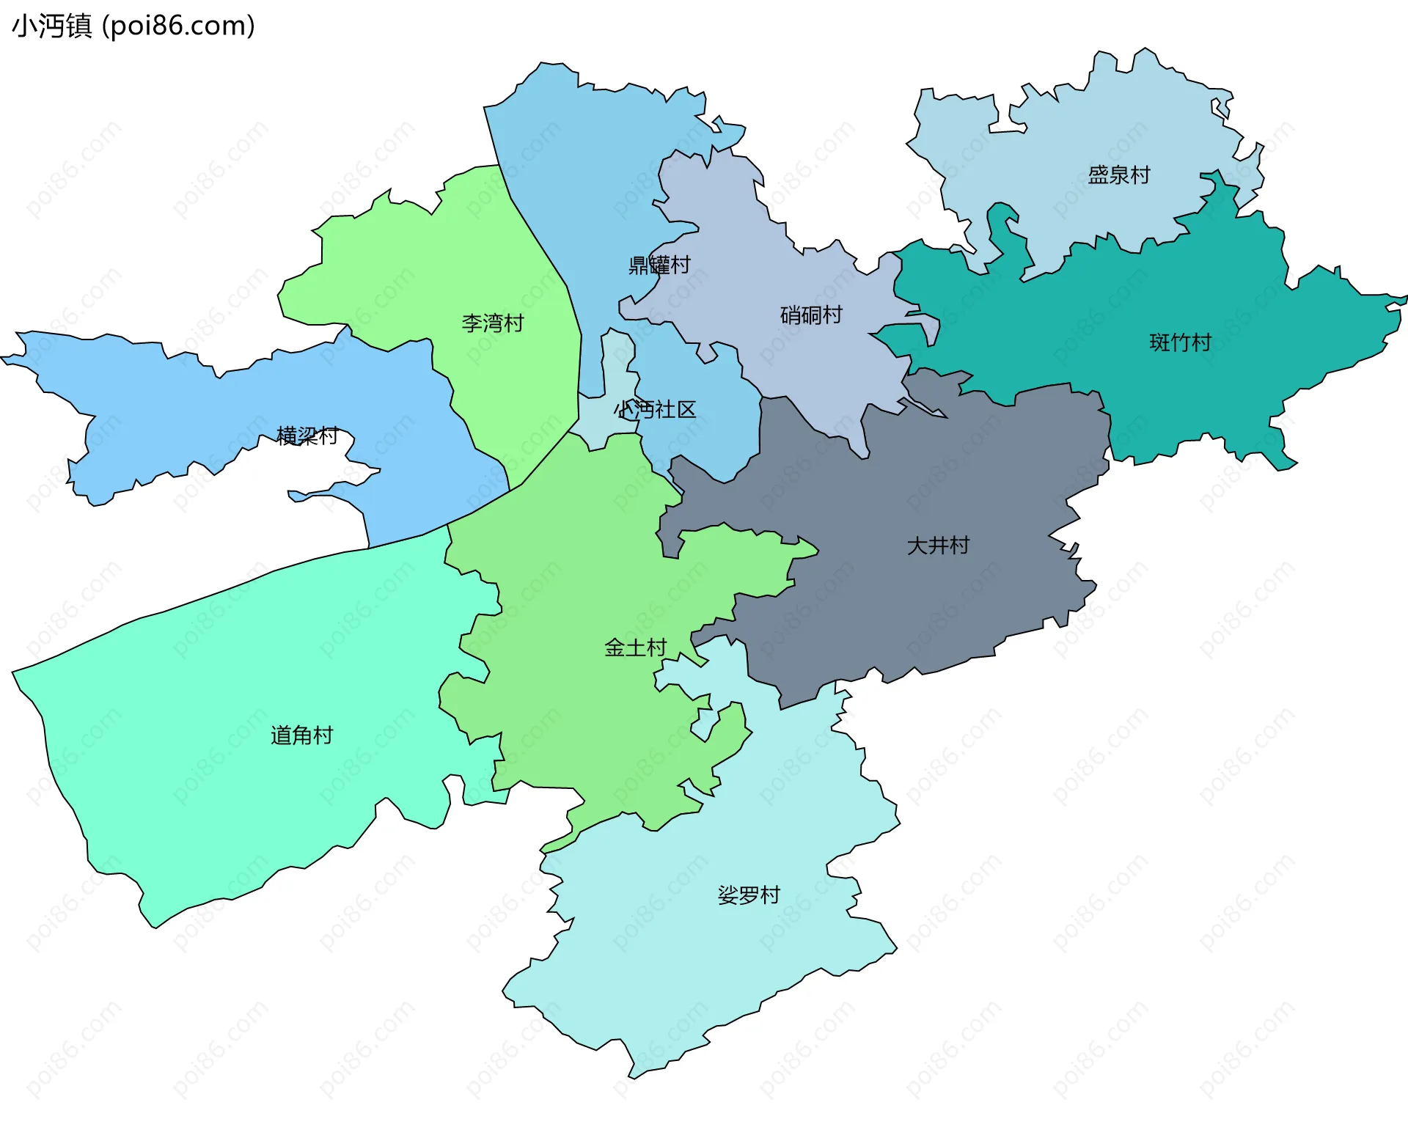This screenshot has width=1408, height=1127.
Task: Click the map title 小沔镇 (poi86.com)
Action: pos(133,26)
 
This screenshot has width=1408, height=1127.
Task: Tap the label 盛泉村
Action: pos(1118,175)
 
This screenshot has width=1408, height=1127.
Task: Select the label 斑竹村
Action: pos(1180,342)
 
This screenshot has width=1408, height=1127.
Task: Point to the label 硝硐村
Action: pos(811,315)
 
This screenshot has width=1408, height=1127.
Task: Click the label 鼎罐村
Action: pos(659,265)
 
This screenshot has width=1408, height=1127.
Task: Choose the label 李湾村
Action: pos(493,323)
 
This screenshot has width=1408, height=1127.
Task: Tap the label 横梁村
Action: pos(307,436)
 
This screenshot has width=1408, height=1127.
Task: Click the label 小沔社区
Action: pos(655,410)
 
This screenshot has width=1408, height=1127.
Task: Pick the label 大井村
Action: pos(938,546)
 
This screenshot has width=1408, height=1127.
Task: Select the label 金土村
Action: pos(635,647)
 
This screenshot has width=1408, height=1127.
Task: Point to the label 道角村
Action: pos(302,735)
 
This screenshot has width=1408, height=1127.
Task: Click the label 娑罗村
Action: pos(749,895)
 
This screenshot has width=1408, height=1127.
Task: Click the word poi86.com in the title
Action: pos(178,26)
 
